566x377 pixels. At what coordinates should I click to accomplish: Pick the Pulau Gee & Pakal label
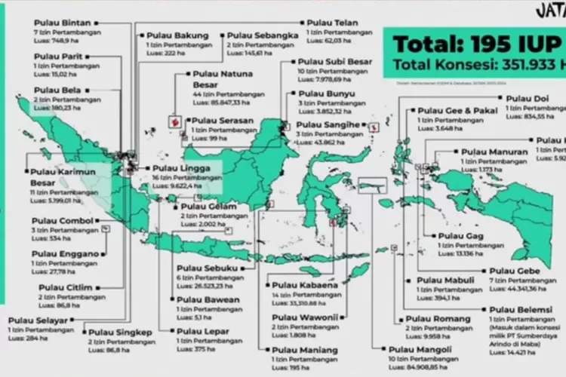tap(452, 110)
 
